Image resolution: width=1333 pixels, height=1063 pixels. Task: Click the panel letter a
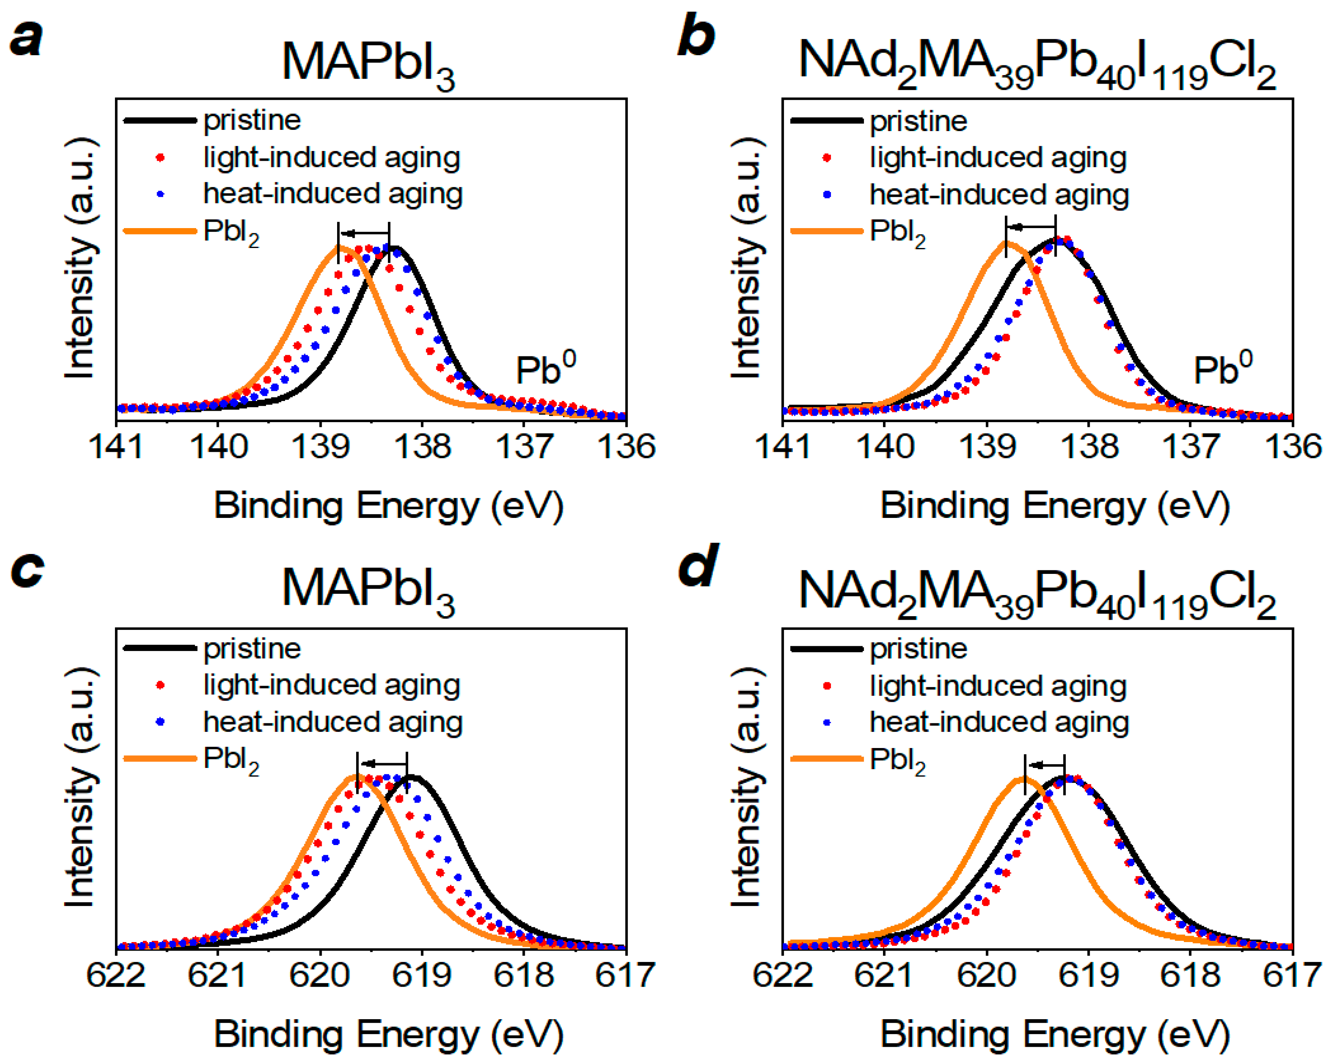tap(26, 38)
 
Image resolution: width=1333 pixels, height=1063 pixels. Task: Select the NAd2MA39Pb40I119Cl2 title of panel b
tap(1037, 64)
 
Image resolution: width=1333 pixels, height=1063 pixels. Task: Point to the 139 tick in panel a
tap(320, 446)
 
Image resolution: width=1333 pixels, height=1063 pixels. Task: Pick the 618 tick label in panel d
tap(1190, 975)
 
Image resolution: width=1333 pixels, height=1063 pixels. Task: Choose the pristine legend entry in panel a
tap(252, 120)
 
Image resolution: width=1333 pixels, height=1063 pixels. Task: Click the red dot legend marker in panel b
tap(827, 157)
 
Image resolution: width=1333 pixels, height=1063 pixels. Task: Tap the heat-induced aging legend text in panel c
tap(333, 721)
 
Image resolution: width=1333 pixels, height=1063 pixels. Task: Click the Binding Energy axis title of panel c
tap(388, 1033)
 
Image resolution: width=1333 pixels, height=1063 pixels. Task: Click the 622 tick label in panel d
tap(783, 975)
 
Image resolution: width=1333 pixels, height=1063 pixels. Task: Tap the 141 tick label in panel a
tap(116, 446)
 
